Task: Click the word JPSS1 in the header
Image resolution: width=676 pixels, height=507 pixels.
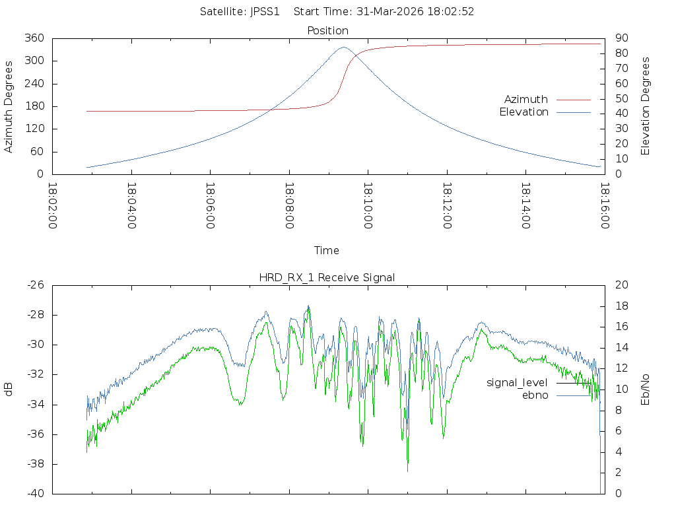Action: pyautogui.click(x=265, y=11)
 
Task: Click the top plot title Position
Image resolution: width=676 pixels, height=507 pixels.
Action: pyautogui.click(x=327, y=30)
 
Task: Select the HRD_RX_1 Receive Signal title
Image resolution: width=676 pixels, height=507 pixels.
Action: pyautogui.click(x=327, y=277)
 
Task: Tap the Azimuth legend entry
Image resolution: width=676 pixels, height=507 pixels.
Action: pyautogui.click(x=526, y=99)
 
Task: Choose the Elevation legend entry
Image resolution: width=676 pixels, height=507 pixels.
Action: pyautogui.click(x=524, y=112)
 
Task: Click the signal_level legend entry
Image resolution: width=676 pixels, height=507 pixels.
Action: pyautogui.click(x=517, y=382)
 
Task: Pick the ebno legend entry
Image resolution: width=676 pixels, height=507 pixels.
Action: pyautogui.click(x=535, y=395)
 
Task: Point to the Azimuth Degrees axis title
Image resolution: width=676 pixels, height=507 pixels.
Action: pyautogui.click(x=9, y=106)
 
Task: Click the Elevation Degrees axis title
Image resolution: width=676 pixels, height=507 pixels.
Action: pyautogui.click(x=646, y=106)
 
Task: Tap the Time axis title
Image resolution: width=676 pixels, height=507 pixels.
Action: pyautogui.click(x=327, y=250)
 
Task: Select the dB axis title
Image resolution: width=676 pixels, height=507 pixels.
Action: pyautogui.click(x=9, y=389)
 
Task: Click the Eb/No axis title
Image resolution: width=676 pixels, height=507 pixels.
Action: pyautogui.click(x=646, y=389)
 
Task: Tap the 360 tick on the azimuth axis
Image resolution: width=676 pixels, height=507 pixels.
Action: pyautogui.click(x=34, y=38)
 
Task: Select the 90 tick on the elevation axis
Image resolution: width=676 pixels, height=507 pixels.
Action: pyautogui.click(x=620, y=38)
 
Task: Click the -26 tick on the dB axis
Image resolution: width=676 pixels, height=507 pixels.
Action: pyautogui.click(x=35, y=285)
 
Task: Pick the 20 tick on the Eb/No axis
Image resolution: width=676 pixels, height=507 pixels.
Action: pyautogui.click(x=621, y=285)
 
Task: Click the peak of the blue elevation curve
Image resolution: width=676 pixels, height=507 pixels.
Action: pyautogui.click(x=343, y=48)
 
